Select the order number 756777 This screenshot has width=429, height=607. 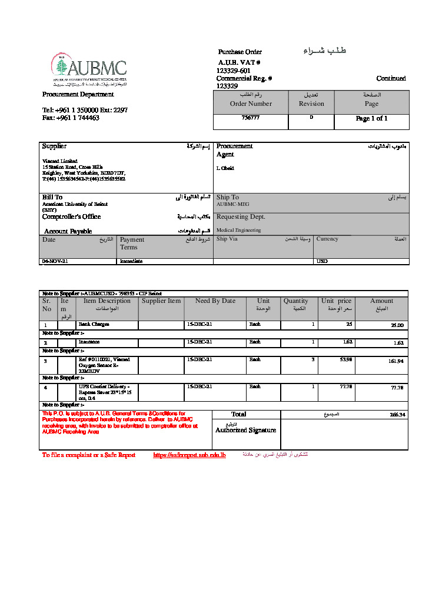coord(250,118)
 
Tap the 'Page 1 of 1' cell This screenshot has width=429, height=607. coord(371,119)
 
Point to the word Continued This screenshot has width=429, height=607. coord(391,78)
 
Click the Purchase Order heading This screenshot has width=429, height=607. coord(240,52)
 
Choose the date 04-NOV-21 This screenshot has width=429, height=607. coord(55,261)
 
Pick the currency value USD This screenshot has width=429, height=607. coord(322,261)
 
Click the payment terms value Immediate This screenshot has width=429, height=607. coord(131,261)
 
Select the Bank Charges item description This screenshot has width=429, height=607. coord(94,324)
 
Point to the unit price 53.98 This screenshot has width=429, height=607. coord(345,359)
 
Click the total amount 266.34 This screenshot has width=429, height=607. coord(397,415)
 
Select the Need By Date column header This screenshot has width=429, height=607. coord(215,301)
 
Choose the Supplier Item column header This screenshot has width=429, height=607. coord(161,301)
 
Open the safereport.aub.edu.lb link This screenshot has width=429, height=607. coord(189,455)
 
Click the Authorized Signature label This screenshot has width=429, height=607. coord(245,430)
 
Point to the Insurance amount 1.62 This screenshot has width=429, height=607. coord(398,342)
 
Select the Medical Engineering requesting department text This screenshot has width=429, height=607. coord(238,230)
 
